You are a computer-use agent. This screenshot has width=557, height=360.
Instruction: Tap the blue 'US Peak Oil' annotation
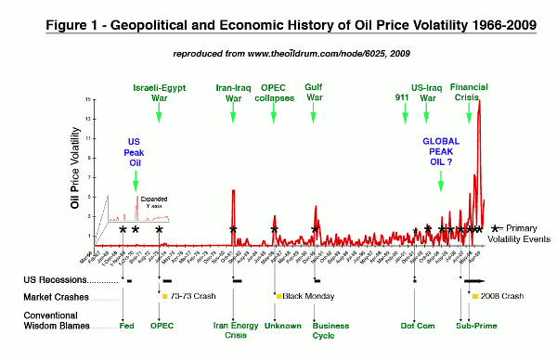pyautogui.click(x=135, y=152)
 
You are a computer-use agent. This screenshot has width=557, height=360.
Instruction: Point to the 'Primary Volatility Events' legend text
pyautogui.click(x=530, y=232)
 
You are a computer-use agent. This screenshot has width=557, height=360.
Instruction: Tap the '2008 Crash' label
pyautogui.click(x=503, y=297)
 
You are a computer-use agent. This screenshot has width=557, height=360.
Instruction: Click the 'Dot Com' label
pyautogui.click(x=414, y=326)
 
